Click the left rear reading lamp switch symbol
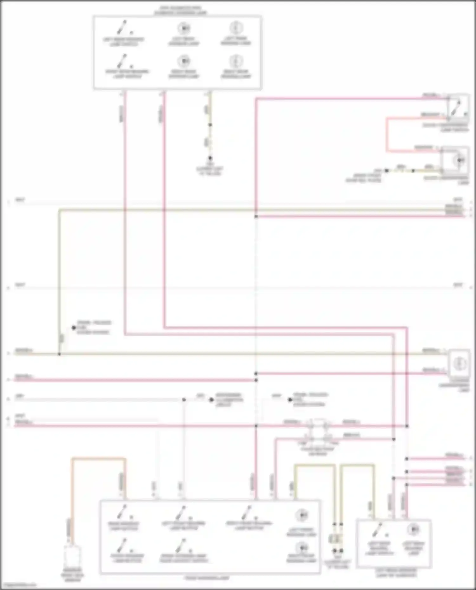coord(122,28)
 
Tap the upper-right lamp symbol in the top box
coord(236,28)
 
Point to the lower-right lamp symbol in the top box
coord(236,61)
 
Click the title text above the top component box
coord(180,10)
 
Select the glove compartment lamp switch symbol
coord(457,107)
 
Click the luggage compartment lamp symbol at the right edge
coord(459,363)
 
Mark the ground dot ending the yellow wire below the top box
coord(210,158)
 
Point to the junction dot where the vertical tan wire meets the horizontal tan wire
coord(59,354)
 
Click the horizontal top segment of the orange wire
coord(98,458)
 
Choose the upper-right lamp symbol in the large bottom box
coord(301,515)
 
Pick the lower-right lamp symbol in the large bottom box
coord(301,548)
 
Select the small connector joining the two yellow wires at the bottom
coord(337,538)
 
